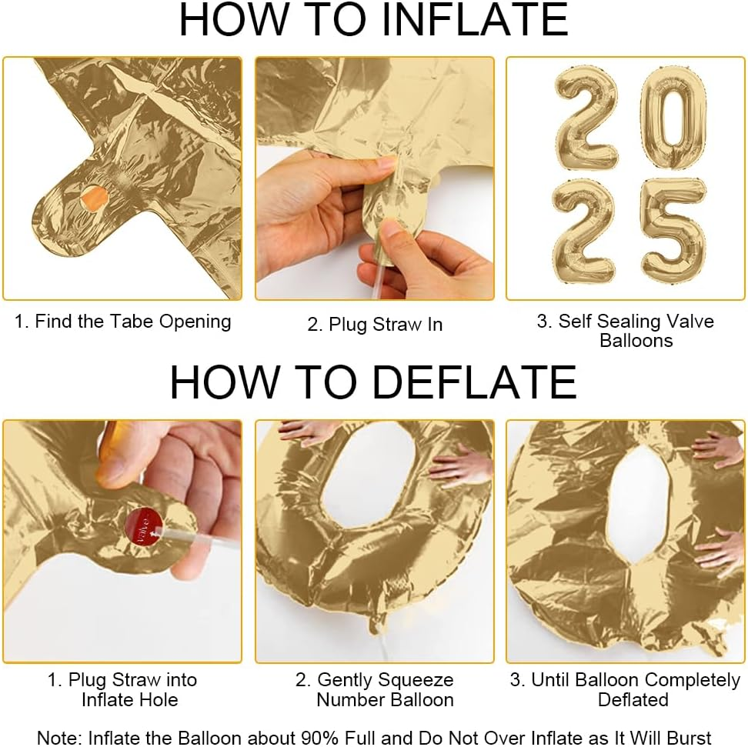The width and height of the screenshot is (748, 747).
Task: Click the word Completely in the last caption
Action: (x=693, y=680)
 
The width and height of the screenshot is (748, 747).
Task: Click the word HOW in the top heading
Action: (x=223, y=20)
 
